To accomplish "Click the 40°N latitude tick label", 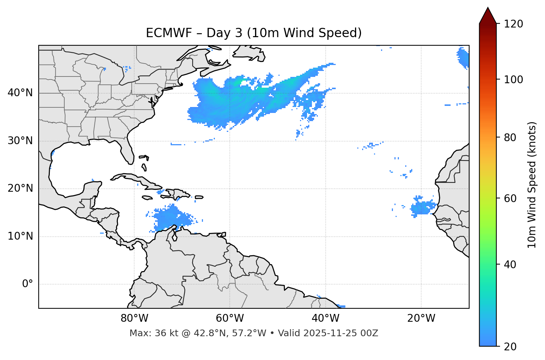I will click(x=20, y=93).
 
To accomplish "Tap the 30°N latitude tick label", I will click(x=20, y=141).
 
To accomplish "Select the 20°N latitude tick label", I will click(x=20, y=188).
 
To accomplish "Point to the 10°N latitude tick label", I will click(x=20, y=236).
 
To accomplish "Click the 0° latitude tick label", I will click(x=28, y=284).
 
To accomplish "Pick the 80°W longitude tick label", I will click(x=134, y=318).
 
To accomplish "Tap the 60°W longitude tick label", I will click(x=230, y=318).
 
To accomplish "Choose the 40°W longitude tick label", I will click(x=325, y=318).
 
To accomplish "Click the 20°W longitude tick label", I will click(x=421, y=318).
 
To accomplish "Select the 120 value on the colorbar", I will click(x=513, y=24).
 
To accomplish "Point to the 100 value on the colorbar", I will click(x=513, y=80).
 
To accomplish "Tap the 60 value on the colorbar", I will click(x=510, y=198).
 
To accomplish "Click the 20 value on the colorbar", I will click(x=510, y=347).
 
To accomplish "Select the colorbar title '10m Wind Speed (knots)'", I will click(x=532, y=185).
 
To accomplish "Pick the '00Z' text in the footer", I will click(x=370, y=333).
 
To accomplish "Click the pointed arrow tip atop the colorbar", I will click(x=488, y=9).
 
